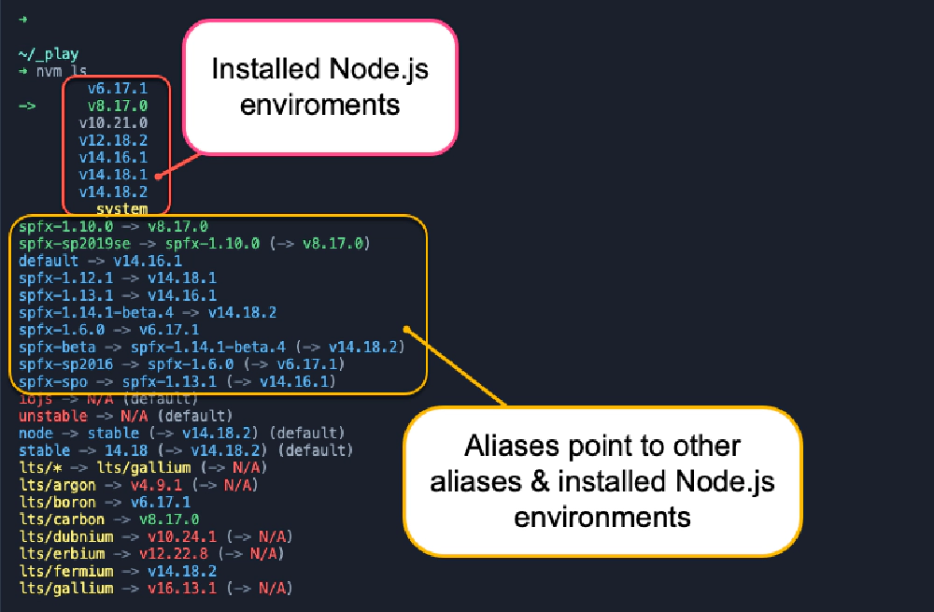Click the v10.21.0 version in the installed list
coord(113,122)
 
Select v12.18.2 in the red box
coord(113,140)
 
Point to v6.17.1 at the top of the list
coord(118,88)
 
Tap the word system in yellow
coord(122,208)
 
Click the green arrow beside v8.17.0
coord(27,107)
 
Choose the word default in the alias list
coord(49,261)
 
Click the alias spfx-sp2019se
coord(75,244)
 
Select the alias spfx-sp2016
coord(65,364)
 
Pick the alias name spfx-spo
coord(53,381)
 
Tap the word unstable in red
coord(53,416)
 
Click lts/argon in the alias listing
coord(57,485)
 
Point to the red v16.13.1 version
coord(182,589)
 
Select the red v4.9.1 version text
coord(156,485)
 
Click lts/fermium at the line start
coord(65,572)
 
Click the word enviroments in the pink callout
coord(319,105)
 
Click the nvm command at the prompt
coord(49,72)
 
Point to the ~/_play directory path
coord(49,54)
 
